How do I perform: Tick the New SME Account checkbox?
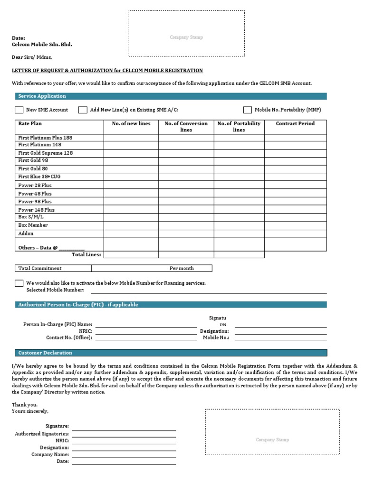(19, 110)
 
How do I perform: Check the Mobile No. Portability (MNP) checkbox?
(248, 110)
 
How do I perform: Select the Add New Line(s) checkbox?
(83, 110)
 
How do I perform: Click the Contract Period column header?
(295, 124)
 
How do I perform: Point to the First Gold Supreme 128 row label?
(46, 153)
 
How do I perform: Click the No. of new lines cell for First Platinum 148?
(131, 145)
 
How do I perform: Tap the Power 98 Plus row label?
(35, 201)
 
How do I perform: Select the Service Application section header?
(42, 96)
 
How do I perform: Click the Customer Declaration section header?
(45, 353)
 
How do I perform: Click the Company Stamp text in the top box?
(186, 37)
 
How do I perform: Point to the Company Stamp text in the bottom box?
(272, 440)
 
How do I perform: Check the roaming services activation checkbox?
(19, 283)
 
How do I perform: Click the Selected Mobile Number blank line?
(209, 290)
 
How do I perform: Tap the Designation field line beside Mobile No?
(280, 331)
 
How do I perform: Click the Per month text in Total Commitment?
(182, 268)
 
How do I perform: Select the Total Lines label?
(86, 254)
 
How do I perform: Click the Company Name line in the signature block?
(124, 455)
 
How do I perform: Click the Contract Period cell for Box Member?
(295, 225)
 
